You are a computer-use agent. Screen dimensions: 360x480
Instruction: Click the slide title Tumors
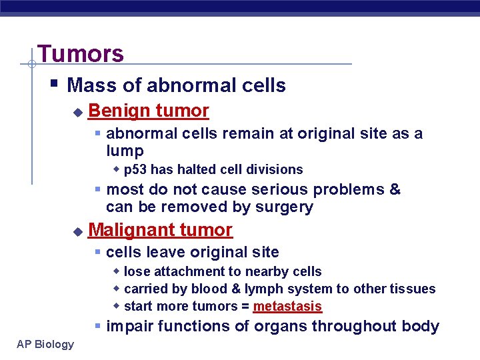click(81, 53)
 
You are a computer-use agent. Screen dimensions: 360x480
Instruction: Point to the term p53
click(135, 170)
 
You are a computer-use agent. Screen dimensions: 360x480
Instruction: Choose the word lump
click(125, 151)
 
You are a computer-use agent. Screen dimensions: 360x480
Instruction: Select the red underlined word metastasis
click(287, 307)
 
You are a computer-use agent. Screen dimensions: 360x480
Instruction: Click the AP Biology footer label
click(42, 344)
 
